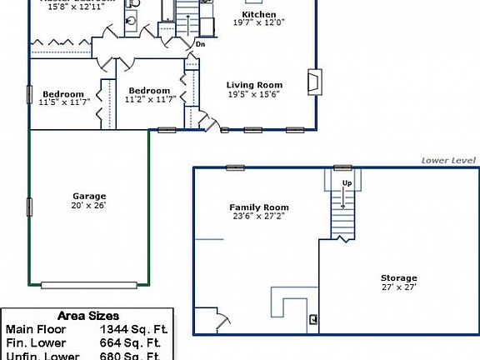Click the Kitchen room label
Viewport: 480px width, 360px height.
[258, 15]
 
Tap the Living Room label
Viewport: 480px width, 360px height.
[255, 85]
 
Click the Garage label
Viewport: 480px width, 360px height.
[88, 195]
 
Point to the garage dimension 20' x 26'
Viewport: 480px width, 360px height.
[88, 205]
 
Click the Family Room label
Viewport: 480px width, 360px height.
[259, 207]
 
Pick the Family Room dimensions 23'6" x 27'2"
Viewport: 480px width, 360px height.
[259, 217]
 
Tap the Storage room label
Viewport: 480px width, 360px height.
[399, 277]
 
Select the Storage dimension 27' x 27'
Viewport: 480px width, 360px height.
[399, 287]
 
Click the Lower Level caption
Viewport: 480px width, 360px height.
[448, 160]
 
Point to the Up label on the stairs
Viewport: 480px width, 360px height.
[346, 182]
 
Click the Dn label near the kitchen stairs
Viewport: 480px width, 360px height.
[201, 44]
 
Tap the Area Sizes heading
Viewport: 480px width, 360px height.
[87, 317]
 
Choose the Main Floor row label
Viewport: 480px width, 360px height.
[35, 330]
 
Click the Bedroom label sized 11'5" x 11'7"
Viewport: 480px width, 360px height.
[63, 93]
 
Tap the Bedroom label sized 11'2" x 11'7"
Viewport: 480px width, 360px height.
[149, 91]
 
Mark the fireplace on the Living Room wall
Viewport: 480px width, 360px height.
[313, 82]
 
